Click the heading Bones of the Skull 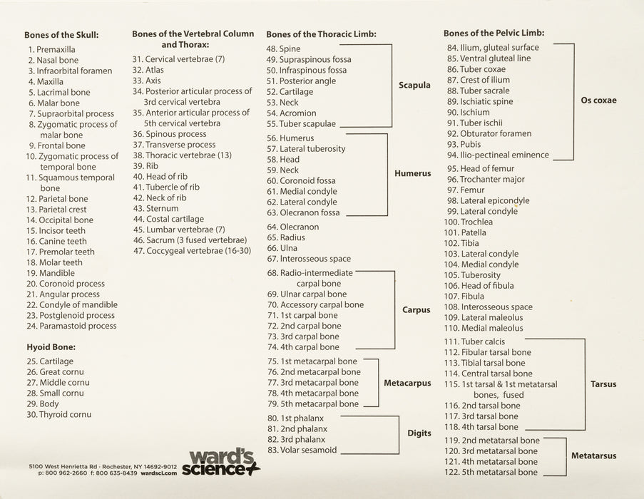(61, 34)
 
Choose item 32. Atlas (148, 70)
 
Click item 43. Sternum (155, 208)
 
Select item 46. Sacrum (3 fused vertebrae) (189, 240)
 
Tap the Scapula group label (414, 85)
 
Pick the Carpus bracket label (416, 310)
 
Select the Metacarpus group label (407, 383)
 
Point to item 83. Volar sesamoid (301, 450)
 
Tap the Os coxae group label (599, 101)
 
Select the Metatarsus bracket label (593, 455)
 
